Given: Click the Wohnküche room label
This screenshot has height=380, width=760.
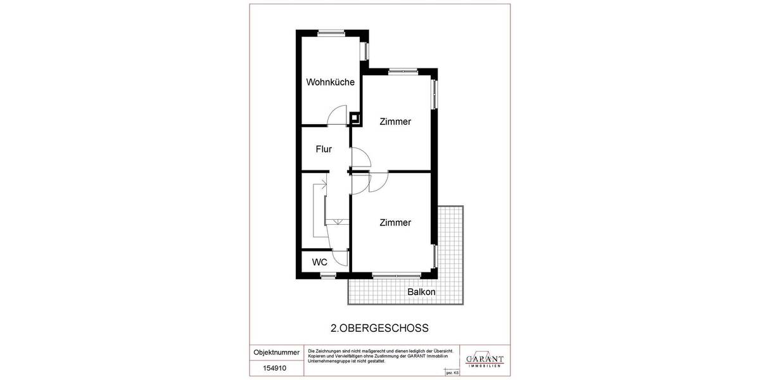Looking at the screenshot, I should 330,82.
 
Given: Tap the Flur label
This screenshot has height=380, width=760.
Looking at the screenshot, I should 324,149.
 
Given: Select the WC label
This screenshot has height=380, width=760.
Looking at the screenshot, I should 319,262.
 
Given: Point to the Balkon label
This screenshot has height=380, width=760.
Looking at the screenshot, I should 421,292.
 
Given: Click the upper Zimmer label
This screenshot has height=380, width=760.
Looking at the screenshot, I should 395,122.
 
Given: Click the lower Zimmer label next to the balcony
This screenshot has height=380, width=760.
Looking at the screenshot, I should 395,223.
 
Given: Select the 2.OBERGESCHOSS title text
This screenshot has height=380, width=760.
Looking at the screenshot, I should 380,328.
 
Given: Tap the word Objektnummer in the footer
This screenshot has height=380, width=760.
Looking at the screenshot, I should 276,352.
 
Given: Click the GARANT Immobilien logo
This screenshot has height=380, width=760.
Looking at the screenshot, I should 484,360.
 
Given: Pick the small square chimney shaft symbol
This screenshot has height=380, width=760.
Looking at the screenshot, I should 356,117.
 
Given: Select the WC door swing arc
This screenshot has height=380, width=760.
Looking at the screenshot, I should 341,256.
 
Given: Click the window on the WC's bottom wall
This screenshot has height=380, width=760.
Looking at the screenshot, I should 328,275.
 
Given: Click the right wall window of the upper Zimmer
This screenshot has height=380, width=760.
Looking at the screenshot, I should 434,93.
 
